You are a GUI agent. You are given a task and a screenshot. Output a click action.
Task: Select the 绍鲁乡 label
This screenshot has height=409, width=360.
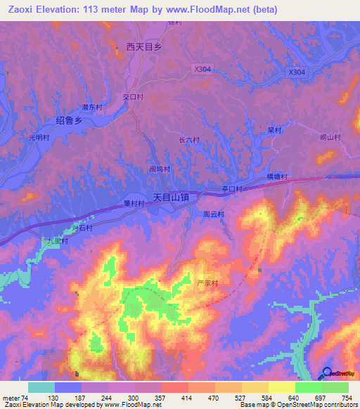click(x=70, y=121)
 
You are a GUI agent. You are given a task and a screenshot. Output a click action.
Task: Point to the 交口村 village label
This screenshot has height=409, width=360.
click(x=133, y=97)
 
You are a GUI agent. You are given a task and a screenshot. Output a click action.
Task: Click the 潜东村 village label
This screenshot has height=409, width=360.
click(x=92, y=108)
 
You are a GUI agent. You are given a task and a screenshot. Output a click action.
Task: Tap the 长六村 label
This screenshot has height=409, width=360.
click(x=189, y=140)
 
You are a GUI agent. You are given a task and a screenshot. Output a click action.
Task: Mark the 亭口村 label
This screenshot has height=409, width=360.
click(x=231, y=189)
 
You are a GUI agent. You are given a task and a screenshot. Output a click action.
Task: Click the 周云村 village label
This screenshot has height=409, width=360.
click(x=212, y=214)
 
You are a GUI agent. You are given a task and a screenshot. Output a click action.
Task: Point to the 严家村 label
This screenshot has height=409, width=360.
click(x=207, y=283)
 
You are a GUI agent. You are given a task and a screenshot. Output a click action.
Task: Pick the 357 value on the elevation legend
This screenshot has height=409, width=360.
click(x=148, y=398)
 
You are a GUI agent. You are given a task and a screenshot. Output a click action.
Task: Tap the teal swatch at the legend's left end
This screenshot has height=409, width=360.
click(x=41, y=387)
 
